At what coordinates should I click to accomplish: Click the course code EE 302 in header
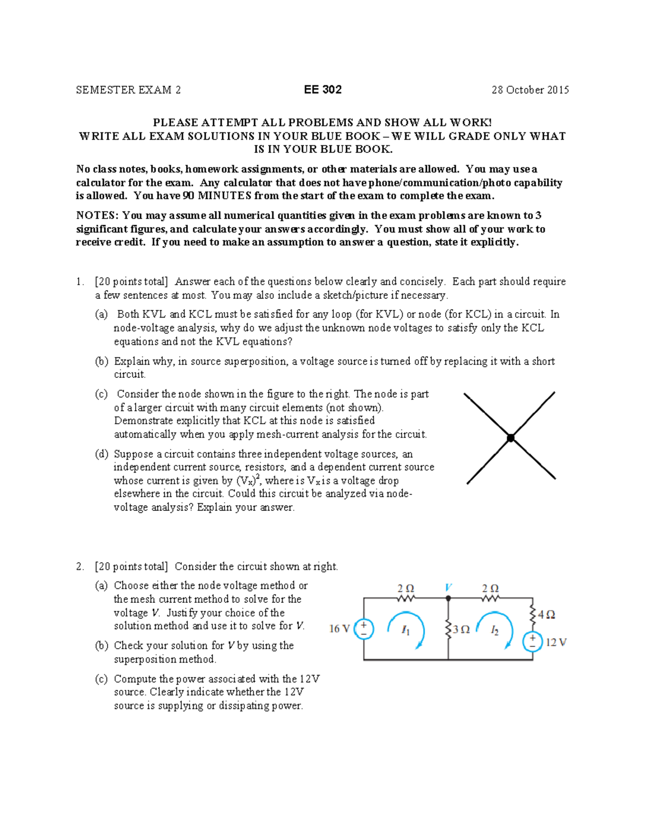click(x=322, y=90)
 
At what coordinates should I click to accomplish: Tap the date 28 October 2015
click(x=530, y=90)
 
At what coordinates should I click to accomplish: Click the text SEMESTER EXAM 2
click(x=128, y=90)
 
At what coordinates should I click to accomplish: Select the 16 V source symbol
click(x=364, y=629)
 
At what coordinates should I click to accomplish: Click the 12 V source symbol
click(x=532, y=642)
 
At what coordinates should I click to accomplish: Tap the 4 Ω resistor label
click(x=546, y=615)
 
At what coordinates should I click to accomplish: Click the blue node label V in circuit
click(x=448, y=587)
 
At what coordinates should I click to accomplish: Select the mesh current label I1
click(x=406, y=630)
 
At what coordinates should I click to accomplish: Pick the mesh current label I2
click(x=495, y=630)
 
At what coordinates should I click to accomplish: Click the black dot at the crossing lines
click(x=510, y=438)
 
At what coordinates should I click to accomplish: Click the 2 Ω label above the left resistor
click(x=406, y=588)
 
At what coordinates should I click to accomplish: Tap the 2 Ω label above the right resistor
click(x=490, y=588)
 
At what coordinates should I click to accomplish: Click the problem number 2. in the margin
click(x=80, y=566)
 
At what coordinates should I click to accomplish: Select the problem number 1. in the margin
click(x=80, y=282)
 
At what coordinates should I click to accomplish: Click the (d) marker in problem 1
click(x=102, y=454)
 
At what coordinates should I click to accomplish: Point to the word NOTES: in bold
click(x=97, y=215)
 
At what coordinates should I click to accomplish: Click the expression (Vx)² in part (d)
click(x=249, y=480)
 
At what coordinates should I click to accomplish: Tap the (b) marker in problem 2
click(x=102, y=645)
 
